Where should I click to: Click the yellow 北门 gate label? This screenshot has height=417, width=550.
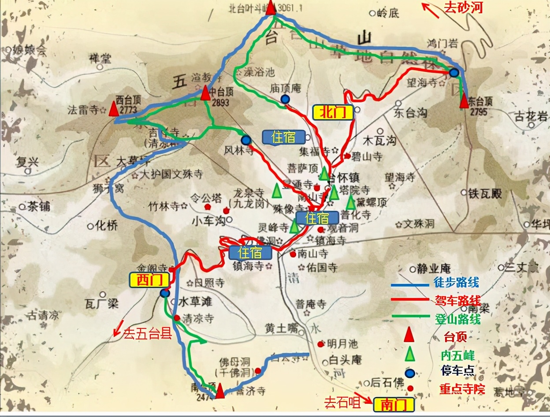tap(333, 112)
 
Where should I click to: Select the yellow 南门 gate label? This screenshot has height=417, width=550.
tap(394, 404)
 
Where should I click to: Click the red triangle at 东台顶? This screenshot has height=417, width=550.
tap(464, 101)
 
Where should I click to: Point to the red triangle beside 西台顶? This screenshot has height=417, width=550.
tap(114, 108)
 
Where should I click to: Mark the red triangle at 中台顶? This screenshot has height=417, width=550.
tap(205, 93)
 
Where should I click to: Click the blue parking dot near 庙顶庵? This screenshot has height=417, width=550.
tap(285, 100)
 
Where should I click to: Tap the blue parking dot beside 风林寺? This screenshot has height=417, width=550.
tap(246, 140)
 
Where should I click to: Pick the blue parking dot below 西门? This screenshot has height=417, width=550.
tap(165, 293)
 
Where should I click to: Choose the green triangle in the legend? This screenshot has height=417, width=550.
tap(410, 354)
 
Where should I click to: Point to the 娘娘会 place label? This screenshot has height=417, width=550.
tap(30, 51)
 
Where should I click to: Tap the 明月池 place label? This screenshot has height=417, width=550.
tap(343, 343)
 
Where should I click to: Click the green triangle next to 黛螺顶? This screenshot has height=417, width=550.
tap(351, 202)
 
